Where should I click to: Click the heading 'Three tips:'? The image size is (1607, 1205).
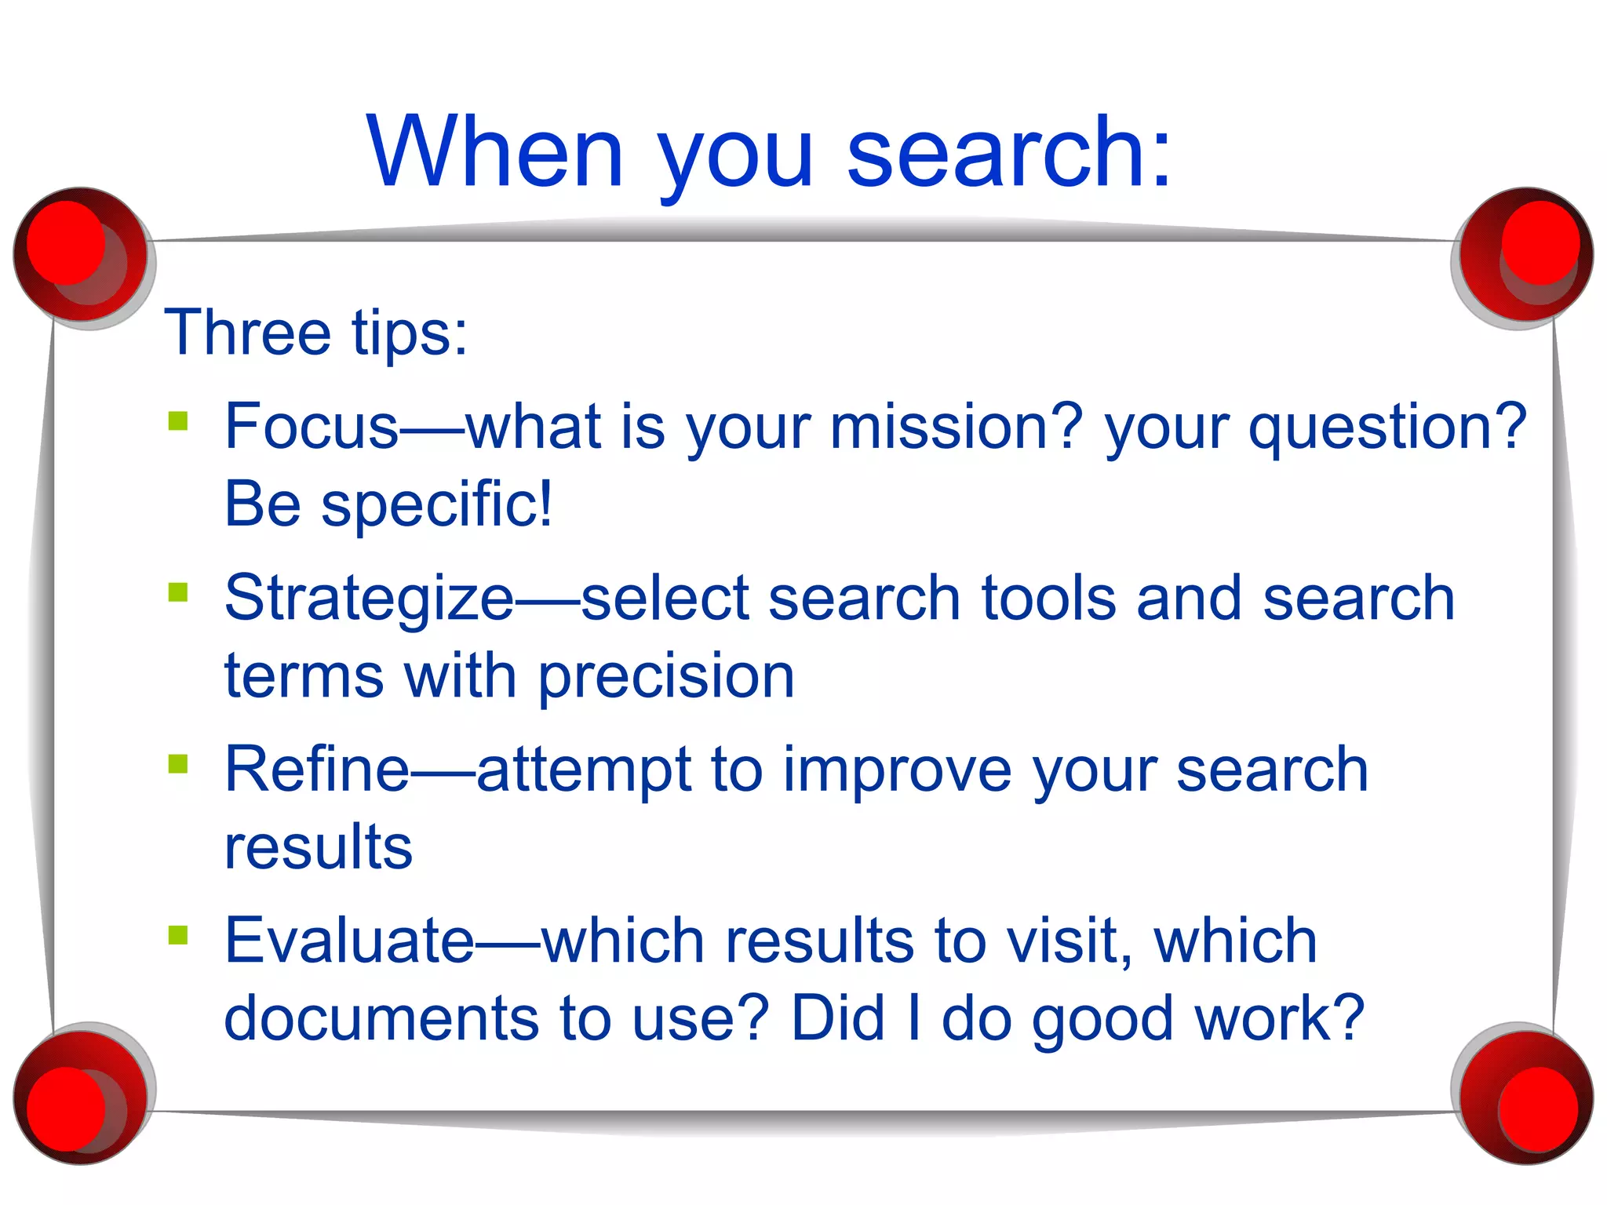click(315, 333)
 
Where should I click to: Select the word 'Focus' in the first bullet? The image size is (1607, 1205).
click(312, 427)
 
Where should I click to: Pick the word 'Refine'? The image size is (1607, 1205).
click(316, 770)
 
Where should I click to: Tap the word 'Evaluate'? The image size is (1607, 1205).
click(349, 941)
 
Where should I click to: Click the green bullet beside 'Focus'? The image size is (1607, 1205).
click(178, 421)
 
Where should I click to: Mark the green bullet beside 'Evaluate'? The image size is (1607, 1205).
click(178, 934)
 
